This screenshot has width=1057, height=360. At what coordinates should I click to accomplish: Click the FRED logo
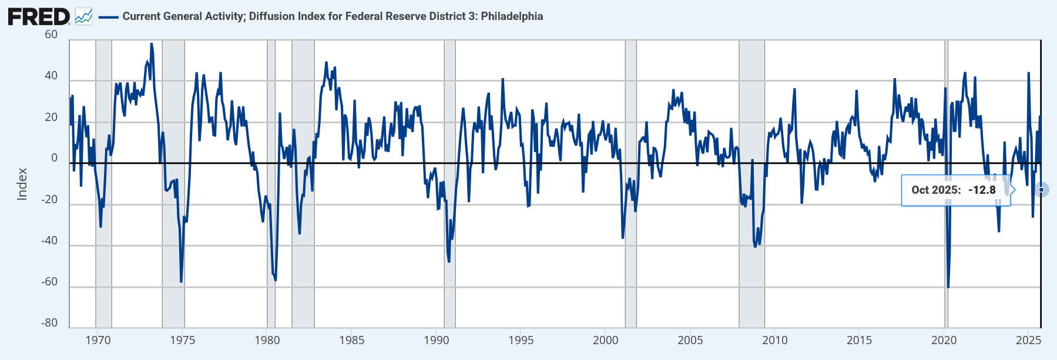(39, 16)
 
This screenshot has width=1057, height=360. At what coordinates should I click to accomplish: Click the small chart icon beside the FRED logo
(83, 16)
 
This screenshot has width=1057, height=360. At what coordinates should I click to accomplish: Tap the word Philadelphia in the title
(512, 16)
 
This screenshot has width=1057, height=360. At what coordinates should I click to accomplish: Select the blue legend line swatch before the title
(109, 17)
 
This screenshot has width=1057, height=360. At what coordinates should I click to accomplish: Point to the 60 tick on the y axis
(51, 35)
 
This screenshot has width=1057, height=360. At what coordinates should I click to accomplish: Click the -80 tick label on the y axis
(49, 322)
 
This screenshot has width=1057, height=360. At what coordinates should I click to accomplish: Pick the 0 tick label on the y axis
(55, 158)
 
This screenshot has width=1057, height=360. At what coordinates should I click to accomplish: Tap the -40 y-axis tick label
(49, 240)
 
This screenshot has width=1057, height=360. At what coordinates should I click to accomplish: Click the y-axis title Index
(22, 184)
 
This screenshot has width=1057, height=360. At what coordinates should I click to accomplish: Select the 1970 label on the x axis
(98, 341)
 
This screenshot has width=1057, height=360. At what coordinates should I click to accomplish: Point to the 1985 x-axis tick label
(351, 341)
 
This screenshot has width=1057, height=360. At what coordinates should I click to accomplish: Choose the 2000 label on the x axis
(605, 341)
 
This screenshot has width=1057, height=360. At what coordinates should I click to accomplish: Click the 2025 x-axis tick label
(1029, 341)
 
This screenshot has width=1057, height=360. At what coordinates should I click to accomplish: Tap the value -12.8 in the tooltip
(982, 190)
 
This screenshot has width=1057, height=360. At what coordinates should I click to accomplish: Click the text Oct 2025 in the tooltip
(935, 190)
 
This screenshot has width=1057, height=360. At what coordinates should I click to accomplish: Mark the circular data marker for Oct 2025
(1041, 190)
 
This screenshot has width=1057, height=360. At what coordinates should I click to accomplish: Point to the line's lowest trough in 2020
(948, 287)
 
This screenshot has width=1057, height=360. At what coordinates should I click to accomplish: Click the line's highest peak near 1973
(151, 44)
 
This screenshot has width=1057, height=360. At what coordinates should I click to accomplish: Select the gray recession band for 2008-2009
(751, 264)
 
